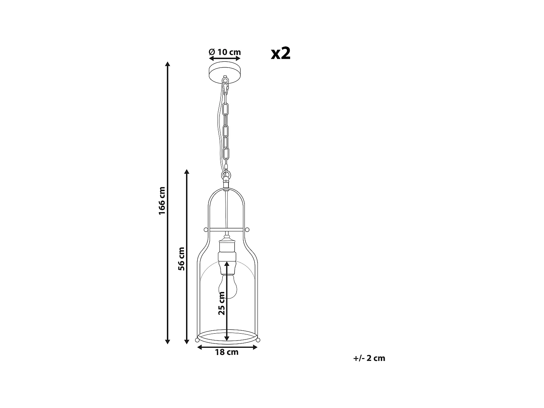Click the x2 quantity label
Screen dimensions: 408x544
click(x=281, y=53)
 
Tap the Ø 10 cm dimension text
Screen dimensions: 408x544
click(x=225, y=52)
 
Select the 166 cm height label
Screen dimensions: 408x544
click(x=162, y=201)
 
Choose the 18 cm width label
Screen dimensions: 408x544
click(x=227, y=352)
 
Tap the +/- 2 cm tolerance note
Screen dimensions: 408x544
click(x=369, y=358)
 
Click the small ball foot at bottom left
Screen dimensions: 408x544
click(x=197, y=339)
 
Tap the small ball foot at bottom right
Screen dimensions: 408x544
click(x=258, y=339)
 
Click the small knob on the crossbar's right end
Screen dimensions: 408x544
click(x=247, y=229)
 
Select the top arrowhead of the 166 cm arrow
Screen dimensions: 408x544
click(x=168, y=65)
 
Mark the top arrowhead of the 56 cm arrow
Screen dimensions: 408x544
click(x=187, y=172)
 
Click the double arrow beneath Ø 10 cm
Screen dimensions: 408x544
click(x=225, y=58)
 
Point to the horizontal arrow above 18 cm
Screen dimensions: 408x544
click(x=227, y=347)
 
